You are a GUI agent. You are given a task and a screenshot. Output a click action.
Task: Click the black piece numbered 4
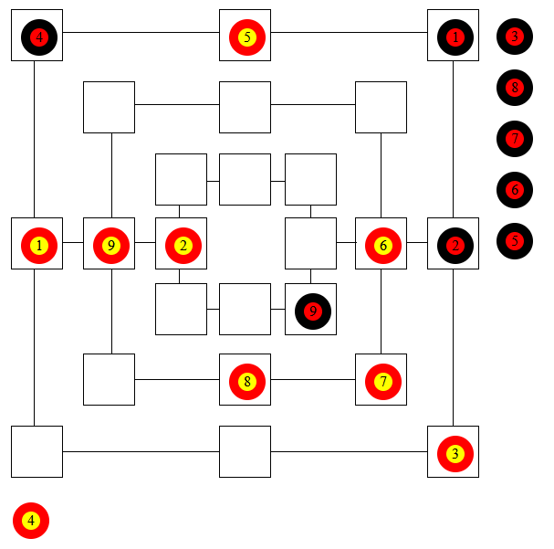pyautogui.click(x=37, y=37)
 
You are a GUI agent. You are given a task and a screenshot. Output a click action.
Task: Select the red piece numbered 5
pyautogui.click(x=246, y=37)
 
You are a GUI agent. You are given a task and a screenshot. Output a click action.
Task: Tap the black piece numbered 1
pyautogui.click(x=455, y=37)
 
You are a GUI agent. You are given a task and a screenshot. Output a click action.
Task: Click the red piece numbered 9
pyautogui.click(x=110, y=245)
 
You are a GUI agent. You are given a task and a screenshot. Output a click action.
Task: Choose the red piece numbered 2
pyautogui.click(x=183, y=245)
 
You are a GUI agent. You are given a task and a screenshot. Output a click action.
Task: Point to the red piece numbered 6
pyautogui.click(x=382, y=245)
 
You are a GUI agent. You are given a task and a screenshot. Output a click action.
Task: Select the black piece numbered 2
pyautogui.click(x=455, y=245)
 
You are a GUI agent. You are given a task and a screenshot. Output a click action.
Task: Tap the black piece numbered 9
pyautogui.click(x=312, y=311)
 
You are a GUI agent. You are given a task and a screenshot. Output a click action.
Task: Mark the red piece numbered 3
pyautogui.click(x=455, y=453)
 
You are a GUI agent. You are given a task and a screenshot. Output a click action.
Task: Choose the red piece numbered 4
pyautogui.click(x=31, y=521)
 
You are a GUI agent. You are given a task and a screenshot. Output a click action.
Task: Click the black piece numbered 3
pyautogui.click(x=515, y=37)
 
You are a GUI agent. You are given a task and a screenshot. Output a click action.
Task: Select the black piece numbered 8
pyautogui.click(x=515, y=89)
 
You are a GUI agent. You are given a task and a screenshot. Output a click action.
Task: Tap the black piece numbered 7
pyautogui.click(x=515, y=140)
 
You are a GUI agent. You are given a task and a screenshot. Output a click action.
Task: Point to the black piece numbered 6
pyautogui.click(x=515, y=191)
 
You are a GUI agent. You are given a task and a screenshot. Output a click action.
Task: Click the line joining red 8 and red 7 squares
pyautogui.click(x=313, y=379)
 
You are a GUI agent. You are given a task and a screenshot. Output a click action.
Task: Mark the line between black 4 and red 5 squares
pyautogui.click(x=141, y=33)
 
